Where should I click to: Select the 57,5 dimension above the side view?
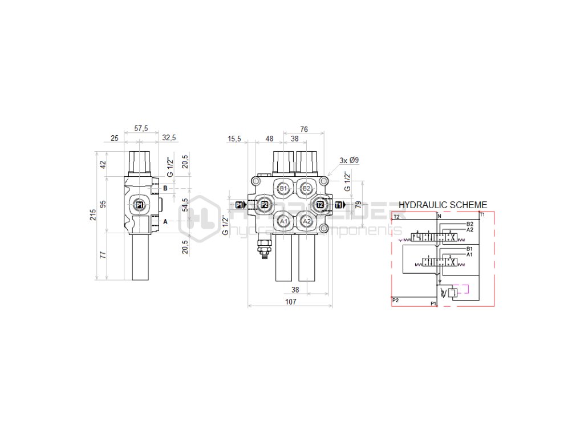coord(141,129)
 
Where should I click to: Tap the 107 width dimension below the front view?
coord(290,302)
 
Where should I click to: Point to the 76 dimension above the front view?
coord(304,129)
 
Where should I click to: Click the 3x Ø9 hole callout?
coord(348,160)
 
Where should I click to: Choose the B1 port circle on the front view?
coord(283,188)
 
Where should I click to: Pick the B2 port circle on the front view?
coord(306,188)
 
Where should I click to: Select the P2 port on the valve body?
coord(265,205)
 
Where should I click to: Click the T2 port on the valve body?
coord(320,205)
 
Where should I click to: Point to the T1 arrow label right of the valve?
coord(339,205)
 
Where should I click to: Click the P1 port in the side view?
coord(140,205)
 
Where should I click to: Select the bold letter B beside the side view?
coord(165,188)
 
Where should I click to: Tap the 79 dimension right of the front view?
coord(358,204)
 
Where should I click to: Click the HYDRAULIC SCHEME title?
coord(443,204)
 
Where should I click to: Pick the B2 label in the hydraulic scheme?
coord(470,224)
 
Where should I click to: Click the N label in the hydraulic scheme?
coord(439,216)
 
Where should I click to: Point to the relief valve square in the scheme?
coord(453,293)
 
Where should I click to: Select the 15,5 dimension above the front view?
coord(234,139)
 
